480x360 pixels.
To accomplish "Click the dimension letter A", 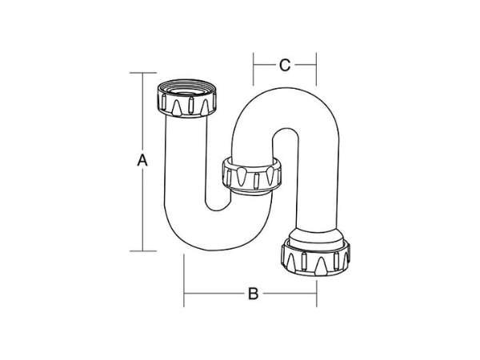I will click(142, 160).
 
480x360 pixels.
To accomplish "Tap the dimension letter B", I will click(251, 294).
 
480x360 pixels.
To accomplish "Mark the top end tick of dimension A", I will click(142, 73).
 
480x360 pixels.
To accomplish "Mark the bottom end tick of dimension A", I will click(142, 251).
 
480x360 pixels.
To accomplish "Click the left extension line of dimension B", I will click(185, 280).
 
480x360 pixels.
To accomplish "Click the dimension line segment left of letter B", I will click(212, 294).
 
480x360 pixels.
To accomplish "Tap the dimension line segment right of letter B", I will click(290, 294).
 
